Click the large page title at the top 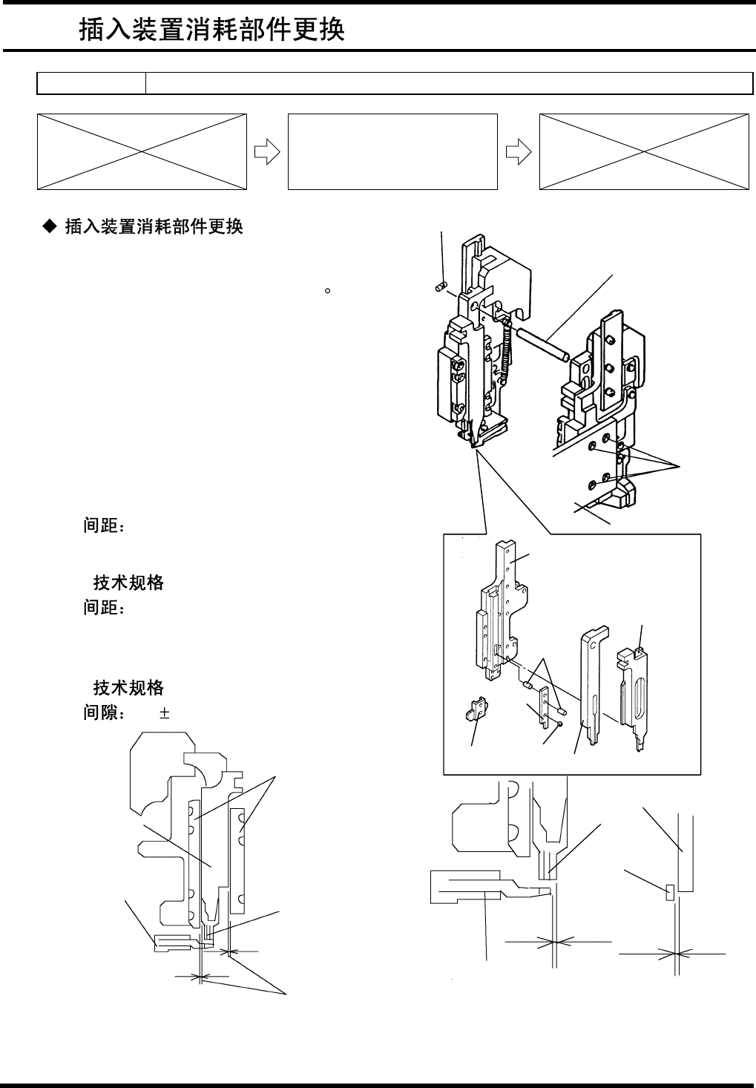pos(211,30)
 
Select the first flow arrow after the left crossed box pos(266,151)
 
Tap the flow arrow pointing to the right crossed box pos(518,151)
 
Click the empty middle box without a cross pos(392,151)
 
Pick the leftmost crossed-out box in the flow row pos(142,151)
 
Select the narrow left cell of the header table pos(91,84)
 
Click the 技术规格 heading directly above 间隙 pos(128,688)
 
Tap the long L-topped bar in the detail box pos(591,683)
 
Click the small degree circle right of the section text pos(326,291)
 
